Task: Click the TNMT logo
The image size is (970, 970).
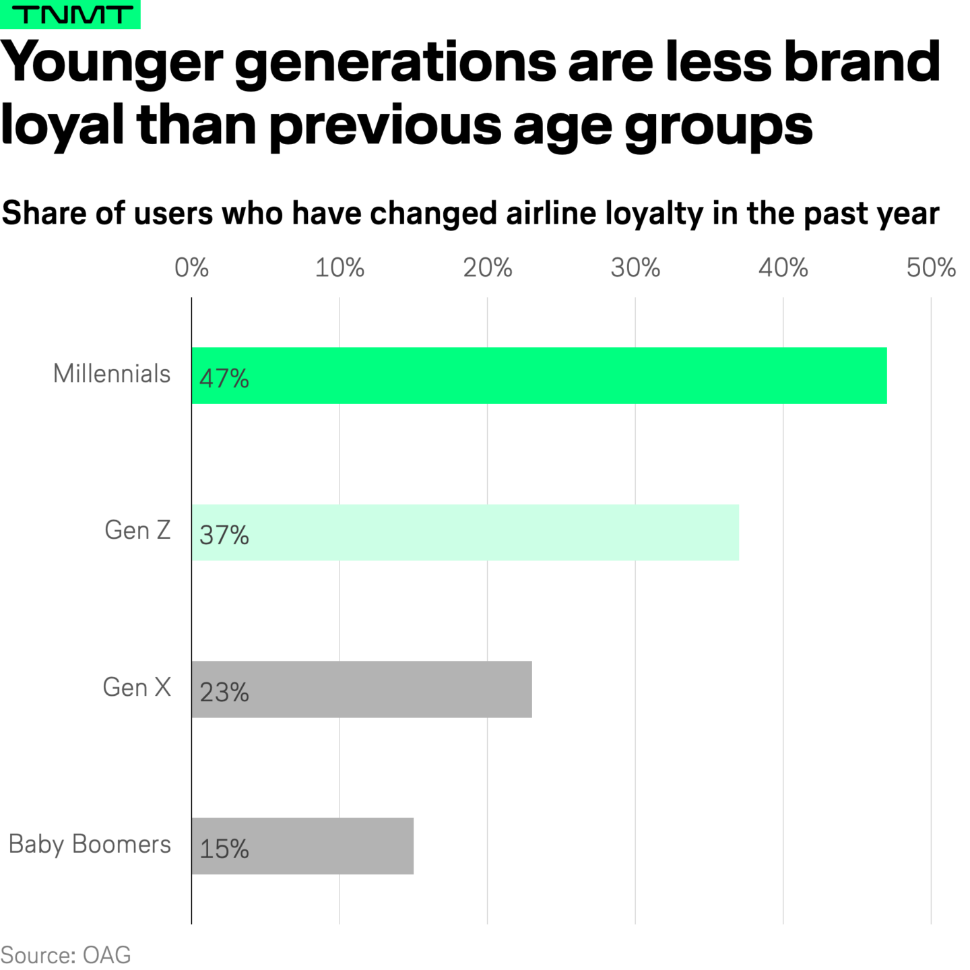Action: [x=70, y=14]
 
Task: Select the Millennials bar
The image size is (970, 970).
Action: [x=539, y=376]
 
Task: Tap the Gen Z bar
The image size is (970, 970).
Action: [x=465, y=532]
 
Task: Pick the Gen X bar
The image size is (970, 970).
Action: [x=362, y=689]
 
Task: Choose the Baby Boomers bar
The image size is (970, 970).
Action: [x=302, y=846]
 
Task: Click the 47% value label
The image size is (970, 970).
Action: [x=224, y=379]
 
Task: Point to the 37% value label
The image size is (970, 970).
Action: [x=224, y=536]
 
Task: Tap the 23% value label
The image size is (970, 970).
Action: [x=224, y=692]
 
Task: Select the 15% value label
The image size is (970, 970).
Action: [x=224, y=849]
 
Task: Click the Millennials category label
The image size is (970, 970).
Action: [x=112, y=374]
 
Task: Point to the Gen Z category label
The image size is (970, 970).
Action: [x=137, y=531]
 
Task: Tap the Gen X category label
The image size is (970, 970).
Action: [x=137, y=688]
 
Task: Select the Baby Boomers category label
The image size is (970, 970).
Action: [x=90, y=844]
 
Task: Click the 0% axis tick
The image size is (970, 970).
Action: [x=191, y=268]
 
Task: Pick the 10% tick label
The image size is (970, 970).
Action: [x=339, y=268]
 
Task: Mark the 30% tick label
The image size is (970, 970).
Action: [x=635, y=268]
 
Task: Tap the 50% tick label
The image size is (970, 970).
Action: [x=931, y=268]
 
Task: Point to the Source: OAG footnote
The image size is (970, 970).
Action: [x=66, y=955]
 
